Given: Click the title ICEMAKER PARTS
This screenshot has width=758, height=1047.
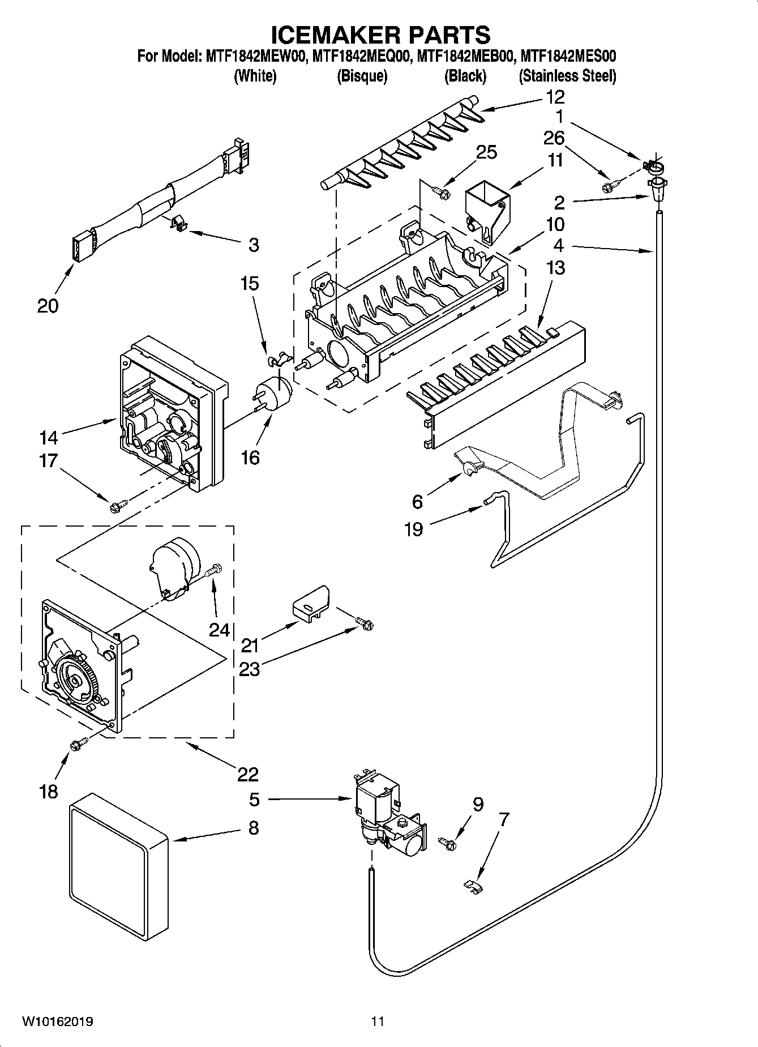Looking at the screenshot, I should [x=380, y=35].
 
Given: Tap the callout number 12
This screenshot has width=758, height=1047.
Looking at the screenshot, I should [x=555, y=97].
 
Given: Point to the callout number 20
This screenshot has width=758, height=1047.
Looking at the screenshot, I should [x=48, y=306].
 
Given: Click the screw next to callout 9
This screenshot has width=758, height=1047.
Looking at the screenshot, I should [x=449, y=844].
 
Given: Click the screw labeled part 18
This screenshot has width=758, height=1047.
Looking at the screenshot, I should [x=78, y=744].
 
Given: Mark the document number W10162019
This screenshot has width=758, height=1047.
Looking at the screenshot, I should [x=58, y=1022].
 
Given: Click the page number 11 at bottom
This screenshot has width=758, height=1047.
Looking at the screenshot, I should [x=378, y=1022].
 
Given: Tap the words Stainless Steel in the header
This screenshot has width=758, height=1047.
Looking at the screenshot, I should [x=567, y=76].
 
